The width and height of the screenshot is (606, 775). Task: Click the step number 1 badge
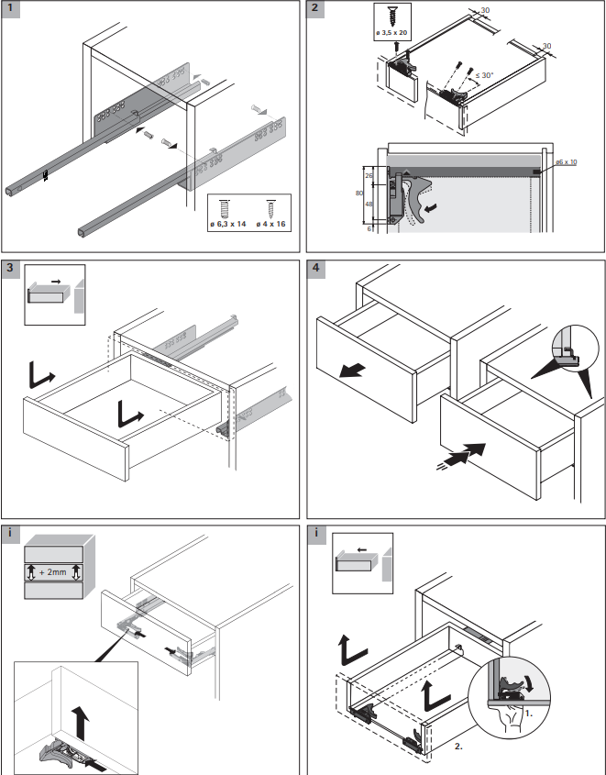pos(11,10)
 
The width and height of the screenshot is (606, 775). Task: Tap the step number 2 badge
pos(316,10)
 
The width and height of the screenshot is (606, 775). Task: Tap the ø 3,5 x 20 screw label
pos(391,34)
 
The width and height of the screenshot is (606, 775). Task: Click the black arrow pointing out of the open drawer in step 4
pos(351,371)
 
